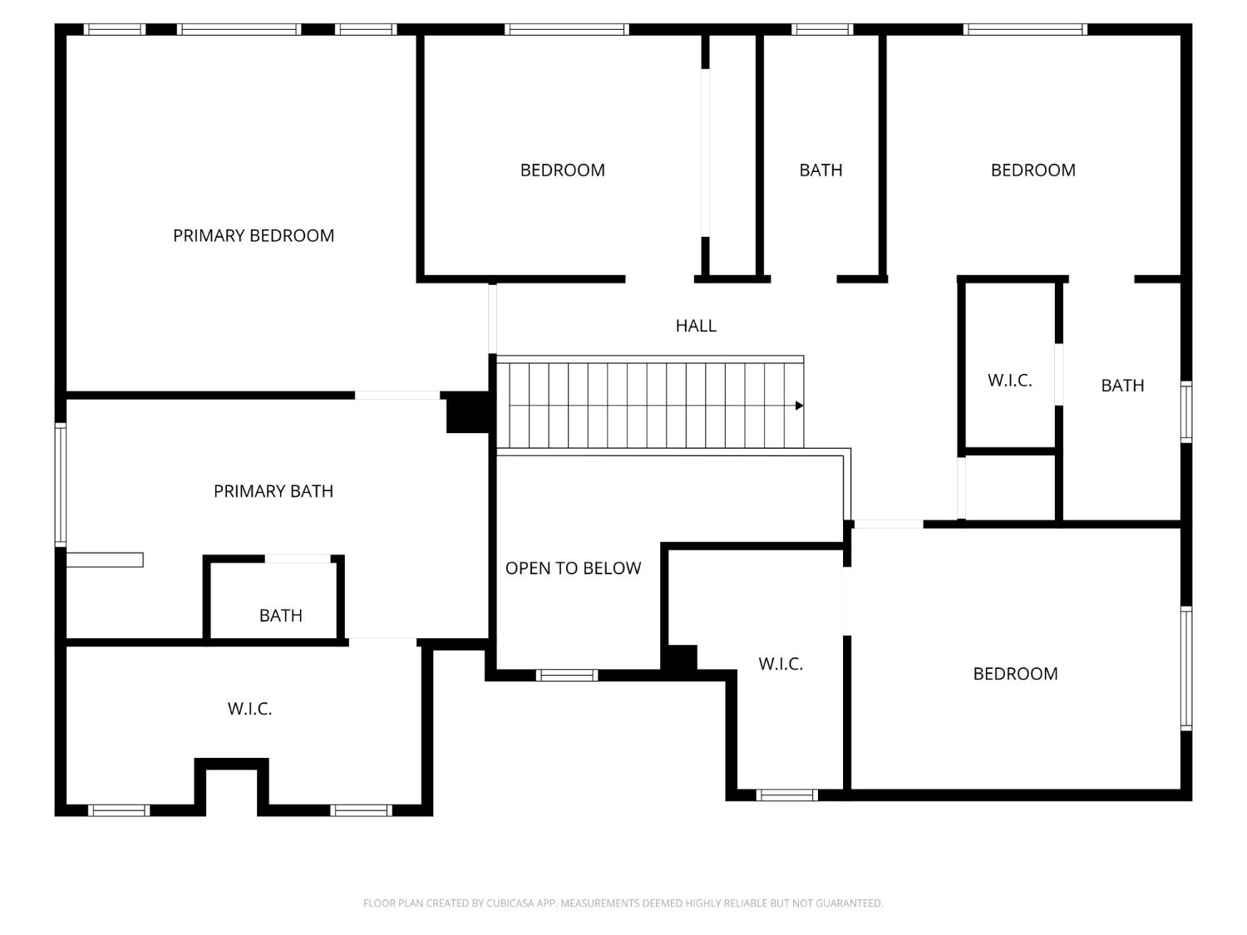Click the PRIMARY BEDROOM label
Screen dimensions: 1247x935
click(x=254, y=235)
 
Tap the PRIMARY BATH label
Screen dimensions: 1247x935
click(x=274, y=491)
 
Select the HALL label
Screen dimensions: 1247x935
click(x=696, y=326)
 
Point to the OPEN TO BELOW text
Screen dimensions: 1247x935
click(x=574, y=568)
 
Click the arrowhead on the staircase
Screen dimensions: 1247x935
click(x=800, y=406)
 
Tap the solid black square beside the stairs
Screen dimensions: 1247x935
click(x=468, y=412)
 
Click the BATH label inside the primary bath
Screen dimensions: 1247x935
click(x=281, y=615)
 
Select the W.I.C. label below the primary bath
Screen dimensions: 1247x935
click(x=250, y=708)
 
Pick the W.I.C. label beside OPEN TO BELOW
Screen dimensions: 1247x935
click(x=781, y=664)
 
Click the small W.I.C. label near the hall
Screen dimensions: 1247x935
click(x=1009, y=381)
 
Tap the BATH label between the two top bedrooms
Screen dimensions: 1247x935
click(x=821, y=170)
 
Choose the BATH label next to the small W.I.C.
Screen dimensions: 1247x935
click(x=1122, y=386)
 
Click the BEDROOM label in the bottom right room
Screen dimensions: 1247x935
click(x=1015, y=674)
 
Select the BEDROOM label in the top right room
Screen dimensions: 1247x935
click(x=1033, y=170)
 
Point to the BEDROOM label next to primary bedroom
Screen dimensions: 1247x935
click(x=563, y=170)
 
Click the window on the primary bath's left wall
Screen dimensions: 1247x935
click(x=60, y=485)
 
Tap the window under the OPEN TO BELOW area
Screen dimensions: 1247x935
click(x=566, y=675)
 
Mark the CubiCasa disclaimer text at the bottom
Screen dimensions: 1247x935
click(x=623, y=903)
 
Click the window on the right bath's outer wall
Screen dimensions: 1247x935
click(x=1186, y=412)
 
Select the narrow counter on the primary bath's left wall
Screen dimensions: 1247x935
click(x=105, y=559)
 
